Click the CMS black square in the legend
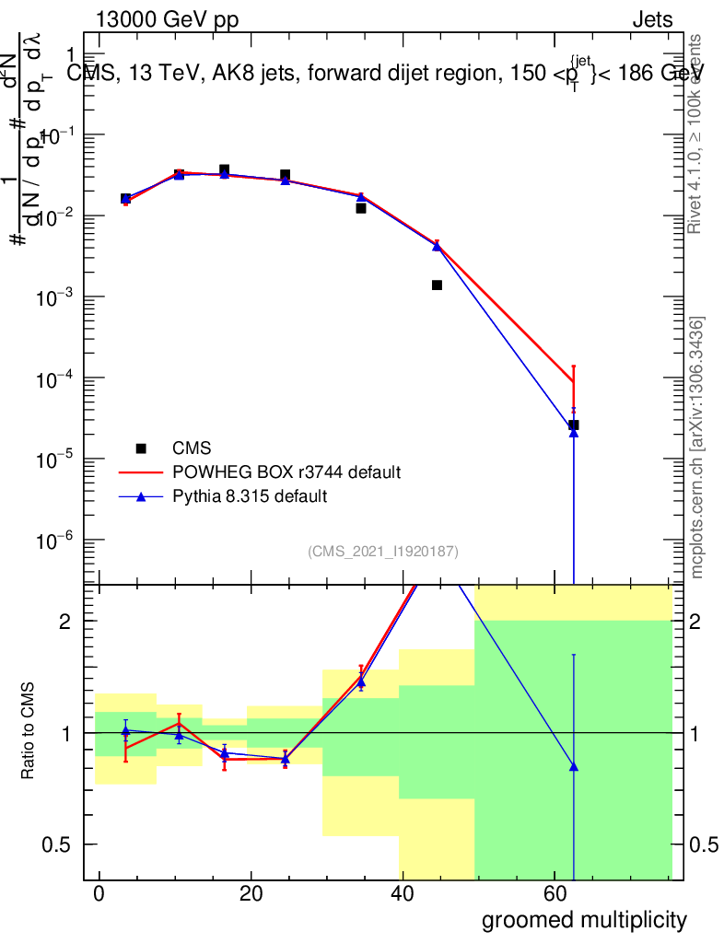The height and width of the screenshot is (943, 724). (x=141, y=448)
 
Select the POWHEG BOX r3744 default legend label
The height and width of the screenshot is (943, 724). (x=286, y=472)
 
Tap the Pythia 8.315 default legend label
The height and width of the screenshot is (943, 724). (x=250, y=496)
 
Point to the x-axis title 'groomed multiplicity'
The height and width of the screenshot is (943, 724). (x=584, y=919)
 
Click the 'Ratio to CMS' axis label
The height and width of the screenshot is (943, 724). (x=29, y=733)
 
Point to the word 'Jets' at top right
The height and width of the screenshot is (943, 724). (x=652, y=20)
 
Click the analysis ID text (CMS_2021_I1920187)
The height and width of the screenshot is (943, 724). (x=383, y=552)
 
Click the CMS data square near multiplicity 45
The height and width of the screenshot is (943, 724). (x=437, y=285)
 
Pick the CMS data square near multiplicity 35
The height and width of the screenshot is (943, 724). (x=361, y=208)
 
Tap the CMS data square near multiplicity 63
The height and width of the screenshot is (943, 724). (x=573, y=425)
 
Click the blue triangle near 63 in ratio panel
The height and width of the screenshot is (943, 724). (x=573, y=766)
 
